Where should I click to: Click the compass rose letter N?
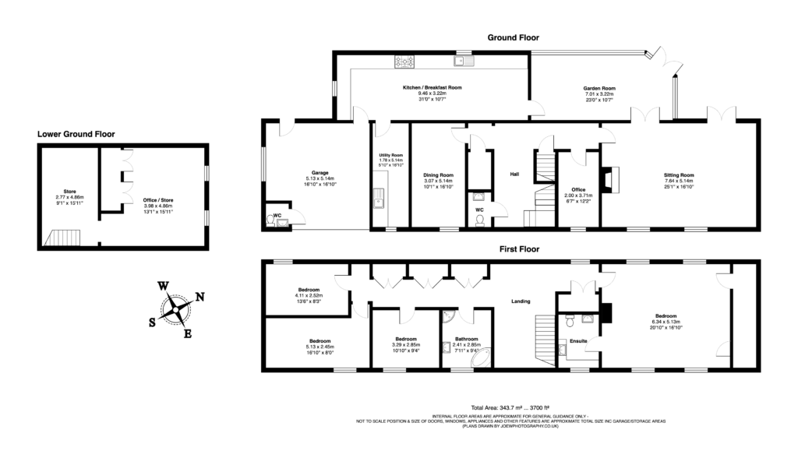[x=199, y=296]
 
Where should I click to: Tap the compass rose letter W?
[x=164, y=286]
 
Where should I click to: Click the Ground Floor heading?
[x=513, y=37]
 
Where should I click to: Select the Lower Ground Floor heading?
[x=76, y=134]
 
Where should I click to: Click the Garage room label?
[x=320, y=173]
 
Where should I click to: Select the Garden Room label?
[x=600, y=88]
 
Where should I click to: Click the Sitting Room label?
[x=679, y=175]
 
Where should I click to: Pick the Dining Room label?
[x=439, y=175]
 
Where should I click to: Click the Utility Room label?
[x=390, y=155]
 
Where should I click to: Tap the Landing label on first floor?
[x=521, y=302]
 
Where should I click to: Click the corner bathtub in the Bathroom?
[x=481, y=358]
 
